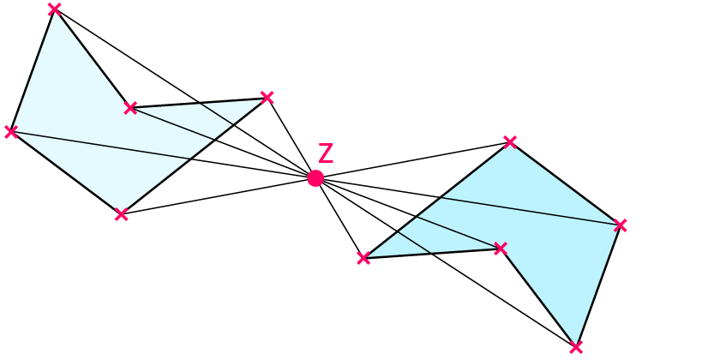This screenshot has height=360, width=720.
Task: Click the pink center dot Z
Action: (315, 178)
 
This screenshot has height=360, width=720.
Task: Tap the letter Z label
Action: (326, 153)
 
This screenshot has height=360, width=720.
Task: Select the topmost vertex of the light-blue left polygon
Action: (54, 9)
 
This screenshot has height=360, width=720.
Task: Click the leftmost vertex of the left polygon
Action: (10, 131)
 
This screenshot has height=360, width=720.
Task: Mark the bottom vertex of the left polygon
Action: (121, 214)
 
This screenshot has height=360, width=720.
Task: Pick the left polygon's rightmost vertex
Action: (267, 97)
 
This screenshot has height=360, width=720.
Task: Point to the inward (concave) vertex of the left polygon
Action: (130, 107)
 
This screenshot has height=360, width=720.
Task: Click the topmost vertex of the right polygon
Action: (510, 141)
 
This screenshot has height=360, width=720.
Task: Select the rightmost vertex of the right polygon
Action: (621, 225)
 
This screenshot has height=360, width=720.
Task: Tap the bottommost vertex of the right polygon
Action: (576, 347)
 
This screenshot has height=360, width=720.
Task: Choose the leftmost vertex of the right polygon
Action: (363, 257)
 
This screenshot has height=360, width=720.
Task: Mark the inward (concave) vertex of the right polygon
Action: (501, 249)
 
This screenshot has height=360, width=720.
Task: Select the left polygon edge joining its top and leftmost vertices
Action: (33, 70)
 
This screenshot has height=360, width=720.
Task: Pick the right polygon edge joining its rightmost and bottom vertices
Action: (598, 286)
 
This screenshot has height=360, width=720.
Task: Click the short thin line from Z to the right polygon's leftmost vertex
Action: (339, 218)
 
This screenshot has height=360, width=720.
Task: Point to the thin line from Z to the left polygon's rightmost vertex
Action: (291, 138)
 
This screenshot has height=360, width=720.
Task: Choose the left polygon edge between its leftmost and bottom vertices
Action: (65, 172)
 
